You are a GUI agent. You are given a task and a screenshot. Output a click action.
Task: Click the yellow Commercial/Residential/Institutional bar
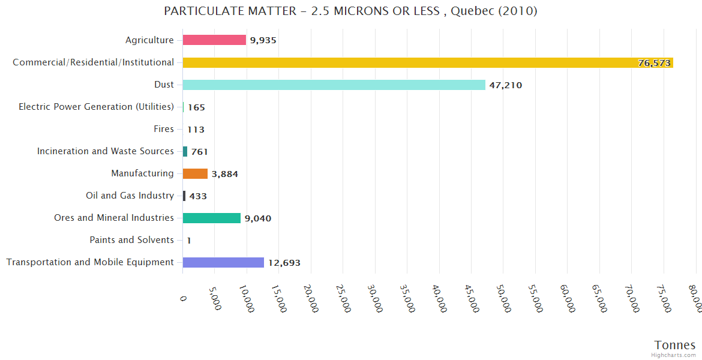428,62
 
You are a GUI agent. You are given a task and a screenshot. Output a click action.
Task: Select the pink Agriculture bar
214,40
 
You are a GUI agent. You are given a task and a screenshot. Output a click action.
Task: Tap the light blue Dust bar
334,85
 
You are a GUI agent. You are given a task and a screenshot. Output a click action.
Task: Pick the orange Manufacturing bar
195,173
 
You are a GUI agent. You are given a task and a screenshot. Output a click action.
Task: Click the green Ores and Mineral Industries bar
211,218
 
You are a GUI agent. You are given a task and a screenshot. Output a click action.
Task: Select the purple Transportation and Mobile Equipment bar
223,262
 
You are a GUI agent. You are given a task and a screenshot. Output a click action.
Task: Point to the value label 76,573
654,63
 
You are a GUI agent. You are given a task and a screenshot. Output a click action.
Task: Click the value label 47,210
505,85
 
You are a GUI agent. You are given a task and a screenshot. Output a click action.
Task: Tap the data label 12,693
284,263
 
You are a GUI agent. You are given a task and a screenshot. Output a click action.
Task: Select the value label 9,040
257,218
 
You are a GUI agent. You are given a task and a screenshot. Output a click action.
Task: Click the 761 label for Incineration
199,152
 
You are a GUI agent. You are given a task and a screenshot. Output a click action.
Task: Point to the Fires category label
164,129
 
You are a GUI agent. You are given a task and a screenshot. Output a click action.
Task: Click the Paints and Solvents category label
131,240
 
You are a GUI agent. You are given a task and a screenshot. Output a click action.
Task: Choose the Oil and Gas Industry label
130,196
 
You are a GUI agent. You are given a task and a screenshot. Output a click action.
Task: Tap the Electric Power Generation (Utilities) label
96,107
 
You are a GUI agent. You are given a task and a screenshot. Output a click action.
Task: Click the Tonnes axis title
674,345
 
